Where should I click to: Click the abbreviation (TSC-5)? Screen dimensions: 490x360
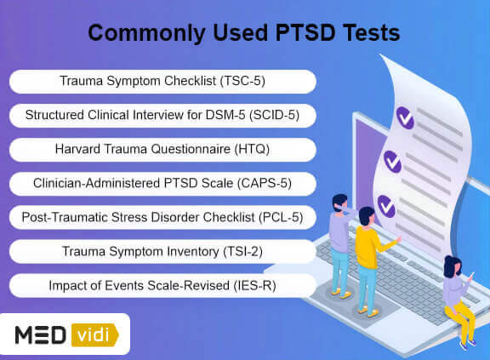[242, 81]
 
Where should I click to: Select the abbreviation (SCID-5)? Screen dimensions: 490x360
[274, 115]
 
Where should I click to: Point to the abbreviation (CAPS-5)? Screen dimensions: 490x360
[265, 183]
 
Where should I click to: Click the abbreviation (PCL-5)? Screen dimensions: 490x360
[281, 217]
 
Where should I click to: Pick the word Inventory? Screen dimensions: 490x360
[193, 252]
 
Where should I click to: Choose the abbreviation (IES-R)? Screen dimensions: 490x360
[254, 286]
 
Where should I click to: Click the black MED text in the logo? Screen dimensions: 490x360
[41, 335]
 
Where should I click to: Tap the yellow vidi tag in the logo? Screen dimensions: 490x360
[94, 335]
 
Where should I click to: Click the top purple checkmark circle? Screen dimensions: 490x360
[405, 117]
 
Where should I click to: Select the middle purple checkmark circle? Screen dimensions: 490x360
[392, 162]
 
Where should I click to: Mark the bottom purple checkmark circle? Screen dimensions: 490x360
[386, 206]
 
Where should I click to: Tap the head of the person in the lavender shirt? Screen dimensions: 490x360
[339, 203]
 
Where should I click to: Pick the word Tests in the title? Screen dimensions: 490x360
[371, 33]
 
